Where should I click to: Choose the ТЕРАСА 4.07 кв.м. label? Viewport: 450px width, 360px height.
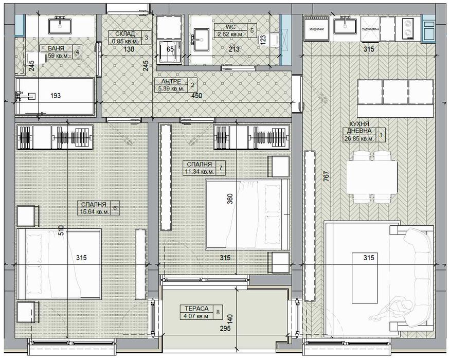tap(194, 312)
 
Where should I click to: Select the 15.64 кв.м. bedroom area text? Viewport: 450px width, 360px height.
tap(95, 211)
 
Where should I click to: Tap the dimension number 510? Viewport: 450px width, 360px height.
tap(62, 230)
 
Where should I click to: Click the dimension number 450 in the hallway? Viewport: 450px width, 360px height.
tap(196, 95)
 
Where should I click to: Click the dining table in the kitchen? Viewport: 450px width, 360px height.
tap(372, 176)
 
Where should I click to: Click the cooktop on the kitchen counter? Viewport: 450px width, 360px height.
tap(409, 28)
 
